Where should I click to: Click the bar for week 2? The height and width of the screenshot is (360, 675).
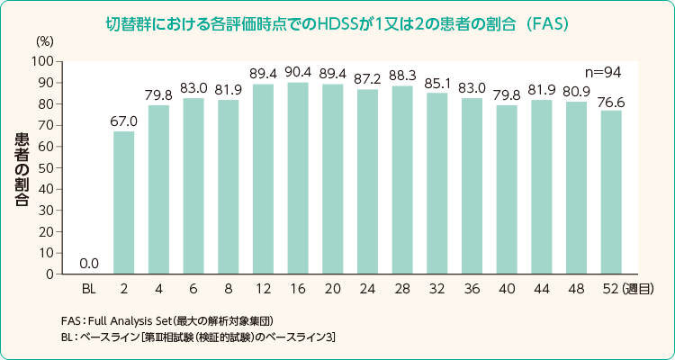[x=123, y=202]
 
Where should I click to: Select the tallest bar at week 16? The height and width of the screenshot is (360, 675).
[x=298, y=177]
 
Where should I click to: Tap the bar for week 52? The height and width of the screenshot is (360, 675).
[x=612, y=192]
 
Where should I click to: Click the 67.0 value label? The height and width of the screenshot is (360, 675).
[x=123, y=121]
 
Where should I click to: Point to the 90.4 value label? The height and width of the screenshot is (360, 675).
[x=298, y=72]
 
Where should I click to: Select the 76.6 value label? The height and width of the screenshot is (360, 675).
[x=612, y=101]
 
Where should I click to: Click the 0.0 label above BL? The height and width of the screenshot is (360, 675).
[x=89, y=264]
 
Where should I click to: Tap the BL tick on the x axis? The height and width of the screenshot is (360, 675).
[x=89, y=289]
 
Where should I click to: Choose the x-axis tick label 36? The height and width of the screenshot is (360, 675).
[x=472, y=289]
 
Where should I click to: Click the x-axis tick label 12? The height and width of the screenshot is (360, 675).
[x=263, y=289]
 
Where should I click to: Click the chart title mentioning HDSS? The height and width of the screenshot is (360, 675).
[x=337, y=21]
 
